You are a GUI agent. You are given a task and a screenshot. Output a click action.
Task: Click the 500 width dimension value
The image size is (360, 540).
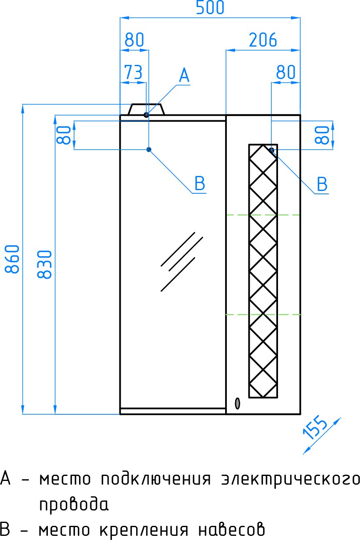click(210, 7)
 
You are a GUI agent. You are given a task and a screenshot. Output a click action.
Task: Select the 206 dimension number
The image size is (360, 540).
click(263, 40)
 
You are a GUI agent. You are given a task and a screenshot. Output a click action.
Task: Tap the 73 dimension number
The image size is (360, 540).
click(133, 72)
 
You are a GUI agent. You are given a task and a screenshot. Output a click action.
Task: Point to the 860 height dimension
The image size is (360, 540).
click(12, 259)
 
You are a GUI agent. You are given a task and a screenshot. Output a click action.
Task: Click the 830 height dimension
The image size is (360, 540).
click(45, 265)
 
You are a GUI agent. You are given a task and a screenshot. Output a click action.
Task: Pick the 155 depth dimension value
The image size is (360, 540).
click(315, 427)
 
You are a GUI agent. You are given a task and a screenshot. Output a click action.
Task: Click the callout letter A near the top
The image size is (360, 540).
click(184, 75)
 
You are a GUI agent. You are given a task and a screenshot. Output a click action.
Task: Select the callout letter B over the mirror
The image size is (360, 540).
click(200, 184)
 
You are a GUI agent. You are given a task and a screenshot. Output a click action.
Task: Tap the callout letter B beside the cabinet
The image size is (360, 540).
click(322, 184)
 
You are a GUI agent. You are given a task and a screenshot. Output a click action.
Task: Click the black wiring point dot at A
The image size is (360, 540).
click(146, 115)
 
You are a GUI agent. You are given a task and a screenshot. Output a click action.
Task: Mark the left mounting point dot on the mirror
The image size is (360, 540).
click(149, 149)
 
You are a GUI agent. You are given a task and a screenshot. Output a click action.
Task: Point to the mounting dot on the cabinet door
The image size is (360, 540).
click(271, 150)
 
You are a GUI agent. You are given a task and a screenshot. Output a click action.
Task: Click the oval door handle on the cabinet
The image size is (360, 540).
click(238, 404)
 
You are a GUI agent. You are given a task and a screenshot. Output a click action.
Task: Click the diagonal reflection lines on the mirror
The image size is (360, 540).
click(182, 262)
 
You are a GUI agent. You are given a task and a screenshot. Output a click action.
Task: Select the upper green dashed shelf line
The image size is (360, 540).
click(263, 215)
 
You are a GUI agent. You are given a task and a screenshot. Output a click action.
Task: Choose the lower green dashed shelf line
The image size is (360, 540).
click(263, 315)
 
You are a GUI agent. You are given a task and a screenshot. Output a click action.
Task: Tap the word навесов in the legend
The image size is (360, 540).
click(231, 530)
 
